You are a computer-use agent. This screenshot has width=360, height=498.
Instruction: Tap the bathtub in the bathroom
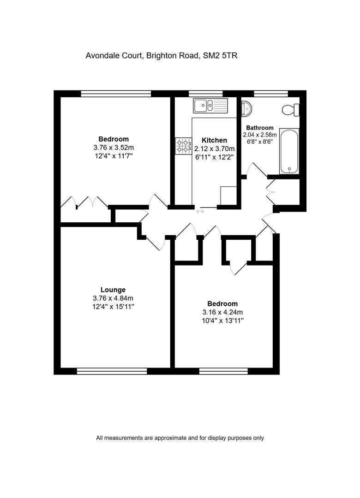pyautogui.click(x=289, y=151)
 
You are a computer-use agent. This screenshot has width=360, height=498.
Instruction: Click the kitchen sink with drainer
pyautogui.click(x=210, y=106)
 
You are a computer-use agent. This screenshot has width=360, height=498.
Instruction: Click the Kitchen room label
pyautogui.click(x=214, y=140)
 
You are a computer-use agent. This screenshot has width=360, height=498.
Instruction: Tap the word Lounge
pyautogui.click(x=113, y=290)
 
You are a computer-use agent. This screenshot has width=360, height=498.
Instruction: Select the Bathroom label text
pyautogui.click(x=260, y=128)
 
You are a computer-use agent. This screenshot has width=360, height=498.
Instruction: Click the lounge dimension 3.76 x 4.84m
pyautogui.click(x=113, y=298)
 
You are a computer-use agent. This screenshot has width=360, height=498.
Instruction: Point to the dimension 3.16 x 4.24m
pyautogui.click(x=222, y=312)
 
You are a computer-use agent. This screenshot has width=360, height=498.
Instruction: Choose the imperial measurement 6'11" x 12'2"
pyautogui.click(x=214, y=157)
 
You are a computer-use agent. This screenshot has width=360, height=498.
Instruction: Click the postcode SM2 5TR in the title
pyautogui.click(x=220, y=56)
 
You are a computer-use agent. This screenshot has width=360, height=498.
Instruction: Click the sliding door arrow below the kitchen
pyautogui.click(x=200, y=211)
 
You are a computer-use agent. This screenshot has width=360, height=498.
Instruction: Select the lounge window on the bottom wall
pyautogui.click(x=112, y=371)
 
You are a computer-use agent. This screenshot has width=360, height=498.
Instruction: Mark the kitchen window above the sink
pyautogui.click(x=206, y=93)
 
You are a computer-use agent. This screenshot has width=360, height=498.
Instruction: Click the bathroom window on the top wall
pyautogui.click(x=271, y=93)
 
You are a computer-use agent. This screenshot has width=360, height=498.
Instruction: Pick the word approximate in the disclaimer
pyautogui.click(x=170, y=438)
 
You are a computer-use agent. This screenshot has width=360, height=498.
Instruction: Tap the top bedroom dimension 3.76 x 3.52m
pyautogui.click(x=114, y=148)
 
